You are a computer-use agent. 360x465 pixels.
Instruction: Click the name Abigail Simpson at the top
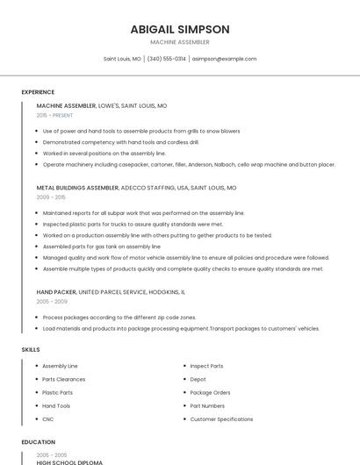pyautogui.click(x=180, y=29)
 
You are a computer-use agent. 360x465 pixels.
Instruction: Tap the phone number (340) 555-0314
pyautogui.click(x=167, y=59)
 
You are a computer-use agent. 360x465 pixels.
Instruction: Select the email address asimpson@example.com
pyautogui.click(x=224, y=59)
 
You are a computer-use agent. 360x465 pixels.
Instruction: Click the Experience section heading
pyautogui.click(x=38, y=92)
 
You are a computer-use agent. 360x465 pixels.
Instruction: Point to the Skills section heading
pyautogui.click(x=31, y=349)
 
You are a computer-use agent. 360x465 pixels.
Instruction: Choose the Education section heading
pyautogui.click(x=38, y=443)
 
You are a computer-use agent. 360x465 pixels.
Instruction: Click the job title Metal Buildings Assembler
pyautogui.click(x=77, y=188)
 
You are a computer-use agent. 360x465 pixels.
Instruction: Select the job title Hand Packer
pyautogui.click(x=56, y=291)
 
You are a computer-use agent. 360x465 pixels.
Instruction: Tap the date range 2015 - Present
pyautogui.click(x=54, y=115)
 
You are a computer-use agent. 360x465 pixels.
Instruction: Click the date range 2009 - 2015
pyautogui.click(x=51, y=197)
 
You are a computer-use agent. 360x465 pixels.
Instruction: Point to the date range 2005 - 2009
pyautogui.click(x=52, y=301)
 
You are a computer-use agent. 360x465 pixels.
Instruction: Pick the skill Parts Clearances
pyautogui.click(x=64, y=379)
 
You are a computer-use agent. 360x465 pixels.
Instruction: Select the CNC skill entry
pyautogui.click(x=48, y=419)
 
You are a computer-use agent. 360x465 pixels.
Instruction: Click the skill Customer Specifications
pyautogui.click(x=221, y=419)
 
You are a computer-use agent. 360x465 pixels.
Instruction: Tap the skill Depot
pyautogui.click(x=198, y=379)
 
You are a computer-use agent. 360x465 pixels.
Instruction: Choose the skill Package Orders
pyautogui.click(x=210, y=392)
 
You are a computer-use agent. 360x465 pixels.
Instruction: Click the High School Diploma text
pyautogui.click(x=69, y=461)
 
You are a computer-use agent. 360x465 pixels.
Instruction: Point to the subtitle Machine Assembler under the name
pyautogui.click(x=180, y=42)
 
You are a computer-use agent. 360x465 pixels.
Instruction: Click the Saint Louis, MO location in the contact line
pyautogui.click(x=122, y=59)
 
